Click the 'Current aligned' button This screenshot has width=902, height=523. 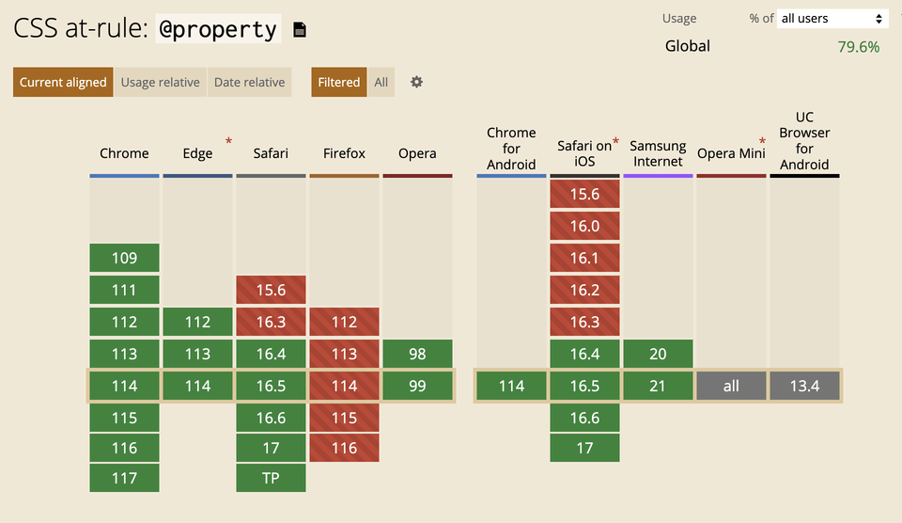(63, 82)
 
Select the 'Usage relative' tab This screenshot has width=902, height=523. (160, 82)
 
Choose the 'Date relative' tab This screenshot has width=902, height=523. (249, 82)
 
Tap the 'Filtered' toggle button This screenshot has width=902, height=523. (338, 82)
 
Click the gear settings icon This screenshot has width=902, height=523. (416, 82)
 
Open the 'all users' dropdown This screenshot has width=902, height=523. (832, 19)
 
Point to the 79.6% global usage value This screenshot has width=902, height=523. (858, 46)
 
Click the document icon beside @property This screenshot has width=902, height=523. (300, 30)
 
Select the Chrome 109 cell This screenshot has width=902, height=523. (124, 258)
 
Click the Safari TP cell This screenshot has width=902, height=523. (271, 478)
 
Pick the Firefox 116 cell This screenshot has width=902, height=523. (344, 448)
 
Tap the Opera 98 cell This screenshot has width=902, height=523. (417, 354)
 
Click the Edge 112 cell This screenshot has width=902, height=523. (197, 322)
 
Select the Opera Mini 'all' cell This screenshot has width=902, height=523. (731, 386)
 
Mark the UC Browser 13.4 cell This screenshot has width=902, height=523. (804, 386)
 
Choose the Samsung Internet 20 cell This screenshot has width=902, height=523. (658, 354)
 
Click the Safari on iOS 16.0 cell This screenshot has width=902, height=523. (584, 226)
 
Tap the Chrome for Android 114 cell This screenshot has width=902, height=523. (511, 386)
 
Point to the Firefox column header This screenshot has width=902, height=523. (344, 153)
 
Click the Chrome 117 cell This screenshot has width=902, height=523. (124, 478)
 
